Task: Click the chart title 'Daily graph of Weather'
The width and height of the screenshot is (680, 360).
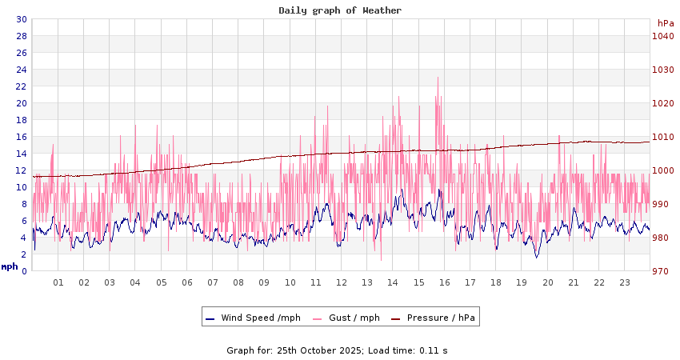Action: pos(340,10)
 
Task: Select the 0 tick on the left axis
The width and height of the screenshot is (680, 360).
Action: pos(24,271)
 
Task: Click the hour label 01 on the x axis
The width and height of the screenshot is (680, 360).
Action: pos(58,282)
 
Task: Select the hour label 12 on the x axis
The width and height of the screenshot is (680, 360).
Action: pos(342,282)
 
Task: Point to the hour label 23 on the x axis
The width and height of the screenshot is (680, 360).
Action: pos(625,282)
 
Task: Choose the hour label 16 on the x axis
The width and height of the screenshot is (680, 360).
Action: pos(445,282)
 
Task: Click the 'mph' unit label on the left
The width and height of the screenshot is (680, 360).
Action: pos(10,266)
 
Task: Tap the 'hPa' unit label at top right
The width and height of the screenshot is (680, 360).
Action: pos(666,23)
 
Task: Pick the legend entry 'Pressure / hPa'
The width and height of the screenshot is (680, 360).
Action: pos(441,318)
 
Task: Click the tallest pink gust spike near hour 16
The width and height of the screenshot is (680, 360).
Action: pos(438,78)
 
